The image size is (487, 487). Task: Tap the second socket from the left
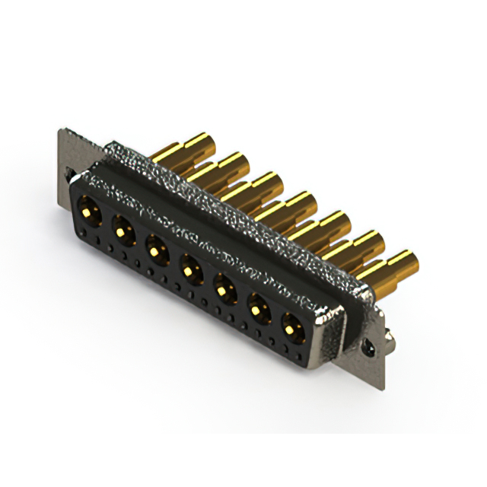click(122, 228)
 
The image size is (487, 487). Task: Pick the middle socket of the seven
click(189, 267)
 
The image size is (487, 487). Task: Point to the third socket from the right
click(223, 288)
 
